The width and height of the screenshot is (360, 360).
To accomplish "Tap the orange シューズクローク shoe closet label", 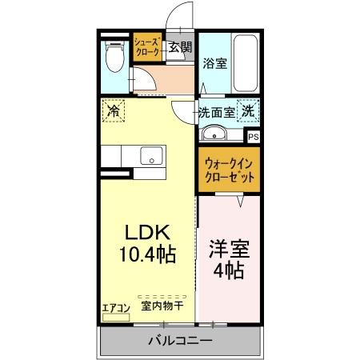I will [147, 46].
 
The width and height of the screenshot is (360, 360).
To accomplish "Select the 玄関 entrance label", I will [179, 47].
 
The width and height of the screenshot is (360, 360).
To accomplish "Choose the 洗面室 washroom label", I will [216, 113].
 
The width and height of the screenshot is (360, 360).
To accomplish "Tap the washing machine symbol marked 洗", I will [249, 111].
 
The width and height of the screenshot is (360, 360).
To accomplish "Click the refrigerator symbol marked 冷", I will [113, 110].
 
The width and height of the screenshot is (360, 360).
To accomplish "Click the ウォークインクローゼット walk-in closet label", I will [229, 170].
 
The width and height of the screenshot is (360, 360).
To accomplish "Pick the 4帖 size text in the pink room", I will [229, 270].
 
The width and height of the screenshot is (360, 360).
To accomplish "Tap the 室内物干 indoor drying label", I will [162, 306].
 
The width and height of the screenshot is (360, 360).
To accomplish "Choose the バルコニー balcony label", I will [180, 342].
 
